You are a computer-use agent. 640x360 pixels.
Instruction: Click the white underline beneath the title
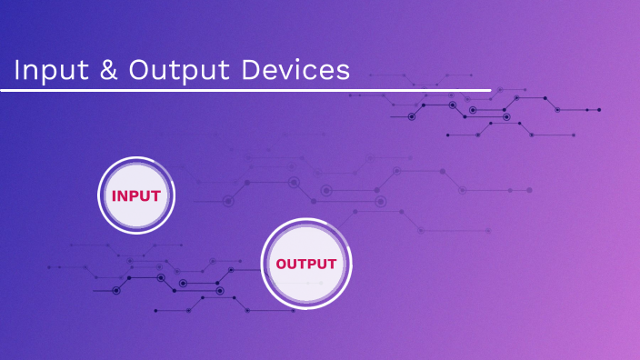point(245,90)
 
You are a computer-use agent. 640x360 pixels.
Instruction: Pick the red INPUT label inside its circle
point(136,195)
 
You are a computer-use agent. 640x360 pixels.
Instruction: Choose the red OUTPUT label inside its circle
point(306,265)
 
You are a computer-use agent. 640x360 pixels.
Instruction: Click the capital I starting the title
point(18,71)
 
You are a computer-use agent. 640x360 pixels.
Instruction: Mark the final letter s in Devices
point(343,72)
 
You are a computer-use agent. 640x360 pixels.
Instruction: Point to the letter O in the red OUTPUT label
point(281,265)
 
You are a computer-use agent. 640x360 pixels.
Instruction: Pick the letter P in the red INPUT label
point(133,195)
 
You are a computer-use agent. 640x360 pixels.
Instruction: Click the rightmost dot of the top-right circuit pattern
point(599,110)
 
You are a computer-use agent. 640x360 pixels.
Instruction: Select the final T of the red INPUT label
point(155,195)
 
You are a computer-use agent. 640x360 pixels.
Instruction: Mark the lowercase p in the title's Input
point(48,74)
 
